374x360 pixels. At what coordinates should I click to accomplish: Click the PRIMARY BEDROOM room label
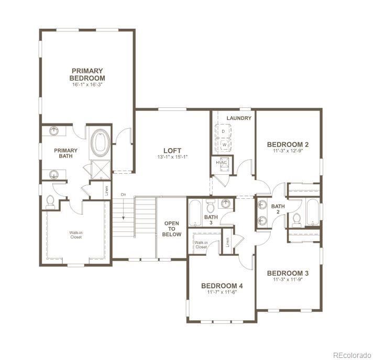point(88,74)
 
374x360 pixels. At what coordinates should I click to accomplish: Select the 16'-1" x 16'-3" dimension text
point(88,84)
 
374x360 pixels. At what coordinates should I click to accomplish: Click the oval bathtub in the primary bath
point(100,143)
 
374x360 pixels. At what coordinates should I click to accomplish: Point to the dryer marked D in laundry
point(223,130)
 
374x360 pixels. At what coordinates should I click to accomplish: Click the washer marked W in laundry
point(223,144)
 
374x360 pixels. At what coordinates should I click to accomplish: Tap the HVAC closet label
point(221,163)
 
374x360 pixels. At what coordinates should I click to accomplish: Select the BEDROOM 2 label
point(288,144)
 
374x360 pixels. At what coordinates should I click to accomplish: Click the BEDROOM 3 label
point(288,273)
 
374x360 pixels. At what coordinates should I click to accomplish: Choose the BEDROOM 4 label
point(222,286)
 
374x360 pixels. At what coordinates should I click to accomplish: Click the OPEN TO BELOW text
point(172,229)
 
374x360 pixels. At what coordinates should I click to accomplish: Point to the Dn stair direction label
point(124,195)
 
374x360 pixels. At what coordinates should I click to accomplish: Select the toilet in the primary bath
point(51,200)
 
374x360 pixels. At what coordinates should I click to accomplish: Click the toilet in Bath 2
point(296,219)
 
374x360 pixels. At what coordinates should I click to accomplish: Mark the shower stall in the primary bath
point(98,168)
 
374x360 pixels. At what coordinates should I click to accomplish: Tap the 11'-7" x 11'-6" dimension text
point(222,292)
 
